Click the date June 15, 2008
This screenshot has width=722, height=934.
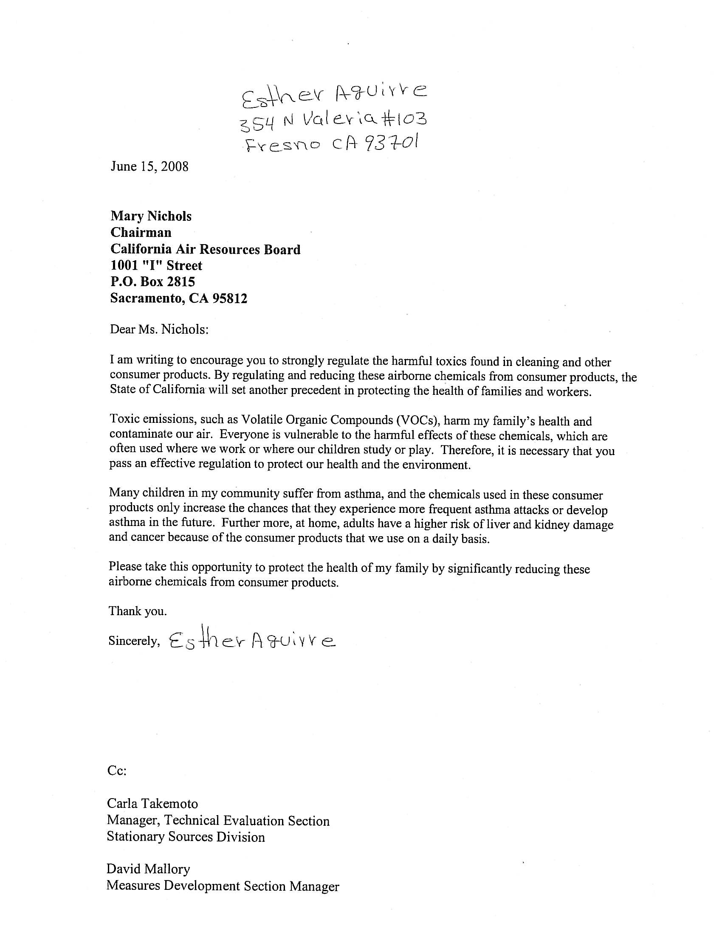149,166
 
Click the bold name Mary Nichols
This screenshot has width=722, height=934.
151,216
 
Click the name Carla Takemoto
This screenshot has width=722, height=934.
152,804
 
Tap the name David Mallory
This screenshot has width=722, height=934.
148,869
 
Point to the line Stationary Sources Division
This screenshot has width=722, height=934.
186,836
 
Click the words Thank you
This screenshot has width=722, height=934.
137,610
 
